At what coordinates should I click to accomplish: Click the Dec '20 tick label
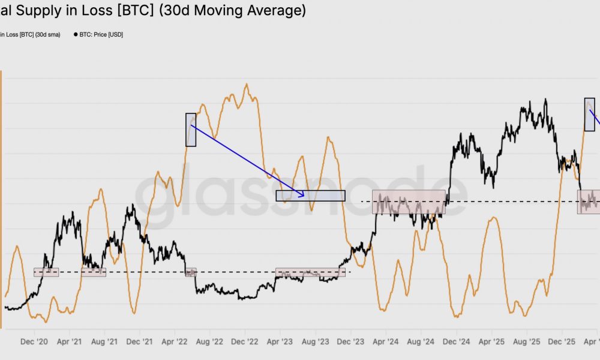(x=34, y=342)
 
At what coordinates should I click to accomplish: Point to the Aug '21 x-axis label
(x=104, y=342)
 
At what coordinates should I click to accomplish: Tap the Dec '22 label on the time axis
(x=245, y=342)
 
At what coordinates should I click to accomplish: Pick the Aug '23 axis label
(x=315, y=342)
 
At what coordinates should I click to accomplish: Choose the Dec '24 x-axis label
(x=457, y=342)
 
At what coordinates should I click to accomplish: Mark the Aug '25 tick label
(x=527, y=342)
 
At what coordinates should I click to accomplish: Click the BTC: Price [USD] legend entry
(x=101, y=35)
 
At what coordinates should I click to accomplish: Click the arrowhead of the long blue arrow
(x=302, y=194)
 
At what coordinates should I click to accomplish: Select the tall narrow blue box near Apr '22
(x=191, y=130)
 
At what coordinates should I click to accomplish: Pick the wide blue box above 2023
(x=310, y=196)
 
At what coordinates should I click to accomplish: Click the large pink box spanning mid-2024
(x=409, y=202)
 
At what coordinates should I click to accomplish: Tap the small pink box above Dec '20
(x=46, y=272)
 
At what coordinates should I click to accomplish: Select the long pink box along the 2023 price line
(x=310, y=272)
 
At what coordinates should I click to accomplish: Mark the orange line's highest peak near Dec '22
(x=245, y=84)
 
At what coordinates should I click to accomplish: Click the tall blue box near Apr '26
(x=589, y=115)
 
